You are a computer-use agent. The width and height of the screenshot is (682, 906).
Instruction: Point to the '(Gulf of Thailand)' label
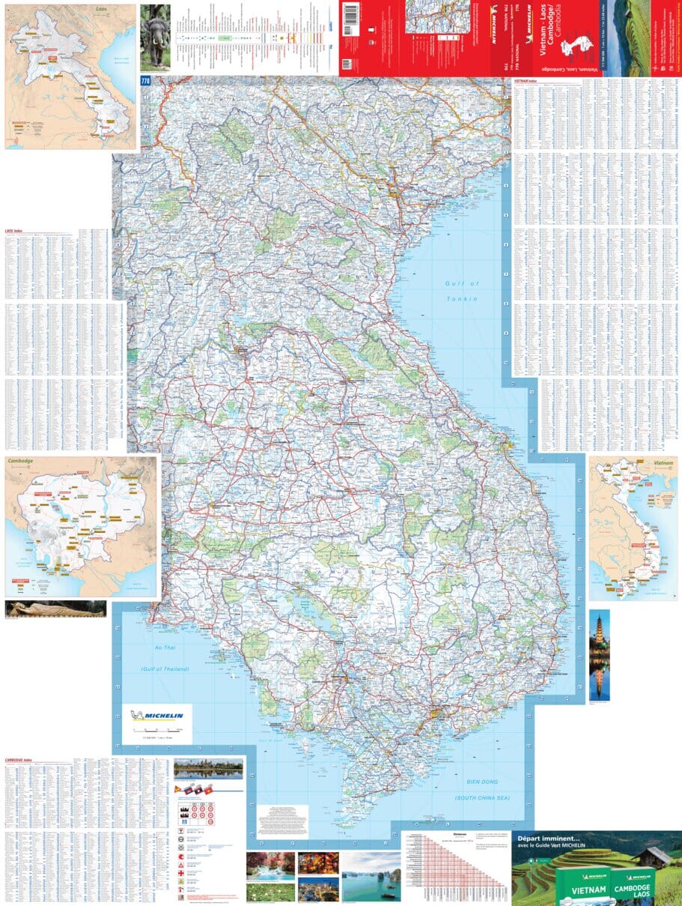tap(165, 668)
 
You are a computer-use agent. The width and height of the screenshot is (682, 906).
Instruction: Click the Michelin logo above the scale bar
tap(157, 715)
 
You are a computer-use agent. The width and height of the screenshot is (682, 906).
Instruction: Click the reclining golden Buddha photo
tap(55, 608)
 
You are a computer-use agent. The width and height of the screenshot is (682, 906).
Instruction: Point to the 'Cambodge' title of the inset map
tap(22, 461)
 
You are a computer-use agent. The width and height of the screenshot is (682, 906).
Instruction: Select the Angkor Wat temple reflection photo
tap(208, 768)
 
